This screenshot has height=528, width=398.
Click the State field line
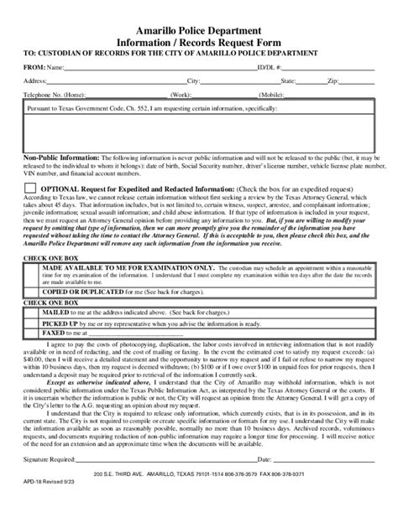310,83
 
